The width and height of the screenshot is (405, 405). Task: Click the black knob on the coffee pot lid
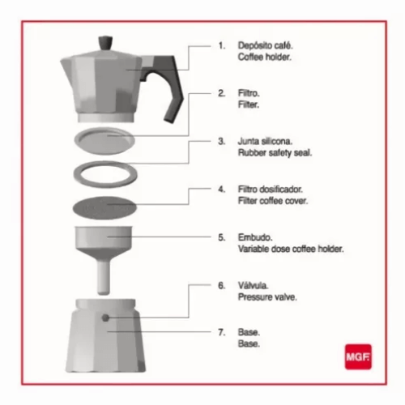point(105,43)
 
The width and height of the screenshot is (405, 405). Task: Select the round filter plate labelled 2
point(104,141)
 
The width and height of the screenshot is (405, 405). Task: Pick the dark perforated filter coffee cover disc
point(104,207)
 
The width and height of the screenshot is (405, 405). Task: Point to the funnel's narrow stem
point(104,278)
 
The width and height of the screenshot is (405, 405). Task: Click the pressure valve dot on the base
point(105,318)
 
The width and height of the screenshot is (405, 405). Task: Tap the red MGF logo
point(358,356)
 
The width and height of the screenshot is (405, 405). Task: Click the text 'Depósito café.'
point(265,45)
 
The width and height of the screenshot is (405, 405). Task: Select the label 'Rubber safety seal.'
point(275,153)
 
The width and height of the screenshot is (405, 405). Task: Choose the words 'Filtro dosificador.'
point(270,189)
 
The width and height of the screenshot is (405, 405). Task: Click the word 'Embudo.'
point(255,237)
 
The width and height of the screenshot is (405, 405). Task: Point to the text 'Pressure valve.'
point(267,297)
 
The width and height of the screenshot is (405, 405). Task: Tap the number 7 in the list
point(221,332)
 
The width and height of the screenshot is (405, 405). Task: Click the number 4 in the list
point(221,190)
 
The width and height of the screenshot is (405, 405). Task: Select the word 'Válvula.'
point(253,285)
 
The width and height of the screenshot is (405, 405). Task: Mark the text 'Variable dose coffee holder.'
point(291,249)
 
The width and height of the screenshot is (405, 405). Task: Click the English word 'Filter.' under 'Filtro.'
point(249,104)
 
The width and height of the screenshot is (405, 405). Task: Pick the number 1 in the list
point(221,45)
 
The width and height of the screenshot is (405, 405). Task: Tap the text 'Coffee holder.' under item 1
point(265,57)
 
